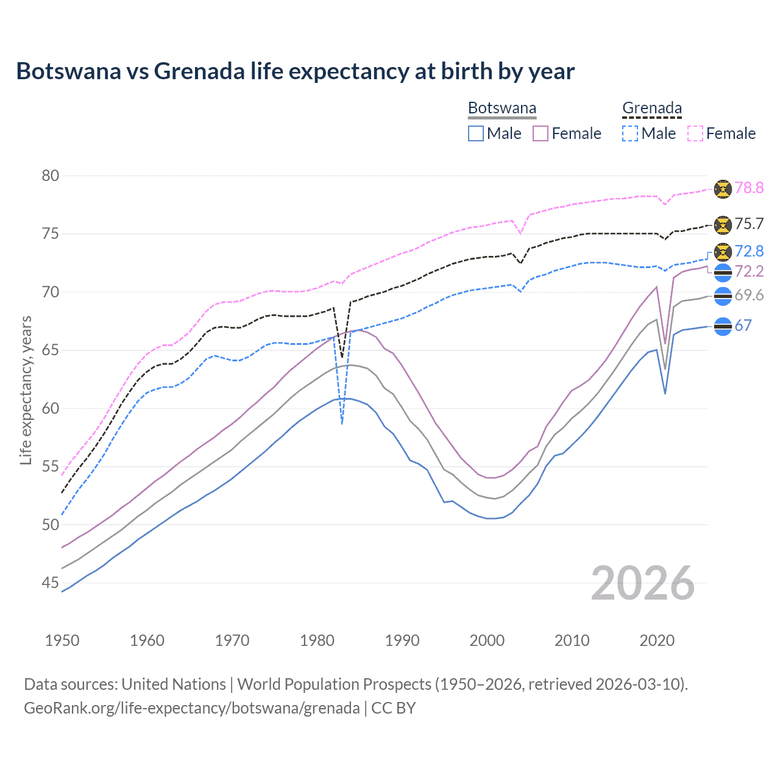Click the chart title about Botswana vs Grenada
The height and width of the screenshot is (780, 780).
coord(295,71)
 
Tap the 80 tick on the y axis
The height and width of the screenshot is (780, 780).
coord(51,176)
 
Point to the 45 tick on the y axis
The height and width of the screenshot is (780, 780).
coord(51,583)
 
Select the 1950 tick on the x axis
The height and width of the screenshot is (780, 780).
coord(62,640)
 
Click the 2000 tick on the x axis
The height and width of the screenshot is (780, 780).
coord(487,640)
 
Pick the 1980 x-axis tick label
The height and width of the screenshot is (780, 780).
coord(317,640)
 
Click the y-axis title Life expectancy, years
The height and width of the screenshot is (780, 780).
coord(26,390)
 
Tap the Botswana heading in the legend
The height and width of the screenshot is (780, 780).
coord(502,108)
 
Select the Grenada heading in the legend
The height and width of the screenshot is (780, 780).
coord(651,108)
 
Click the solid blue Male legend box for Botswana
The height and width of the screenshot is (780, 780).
coord(476,133)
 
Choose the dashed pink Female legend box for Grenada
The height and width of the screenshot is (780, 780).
coord(695,133)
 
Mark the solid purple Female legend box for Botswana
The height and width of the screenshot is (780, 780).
coord(541,133)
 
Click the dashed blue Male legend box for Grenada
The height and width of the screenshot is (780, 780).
coord(630,133)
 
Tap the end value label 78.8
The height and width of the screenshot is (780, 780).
coord(749,188)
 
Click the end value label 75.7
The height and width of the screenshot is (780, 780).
coord(749,224)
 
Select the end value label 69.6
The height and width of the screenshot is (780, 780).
coord(749,296)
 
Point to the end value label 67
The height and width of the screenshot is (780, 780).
coord(743,325)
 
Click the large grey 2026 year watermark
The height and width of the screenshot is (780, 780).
coord(643,583)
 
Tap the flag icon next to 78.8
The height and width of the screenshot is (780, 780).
coord(723,188)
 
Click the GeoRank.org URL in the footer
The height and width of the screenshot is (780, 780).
coord(191,708)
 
